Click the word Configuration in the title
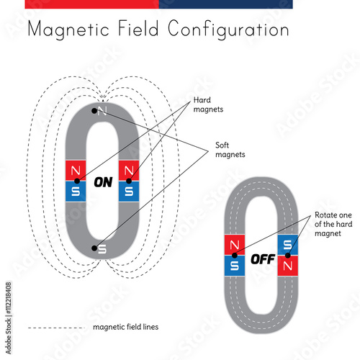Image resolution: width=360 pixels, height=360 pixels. [228, 30]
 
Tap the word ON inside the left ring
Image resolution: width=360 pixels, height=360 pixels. [103, 181]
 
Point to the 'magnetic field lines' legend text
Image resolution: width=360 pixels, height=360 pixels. [126, 326]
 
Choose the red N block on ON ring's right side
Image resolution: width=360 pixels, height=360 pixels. [129, 170]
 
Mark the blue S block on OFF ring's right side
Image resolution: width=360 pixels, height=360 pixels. [287, 245]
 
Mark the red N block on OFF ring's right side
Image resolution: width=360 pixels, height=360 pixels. [287, 265]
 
